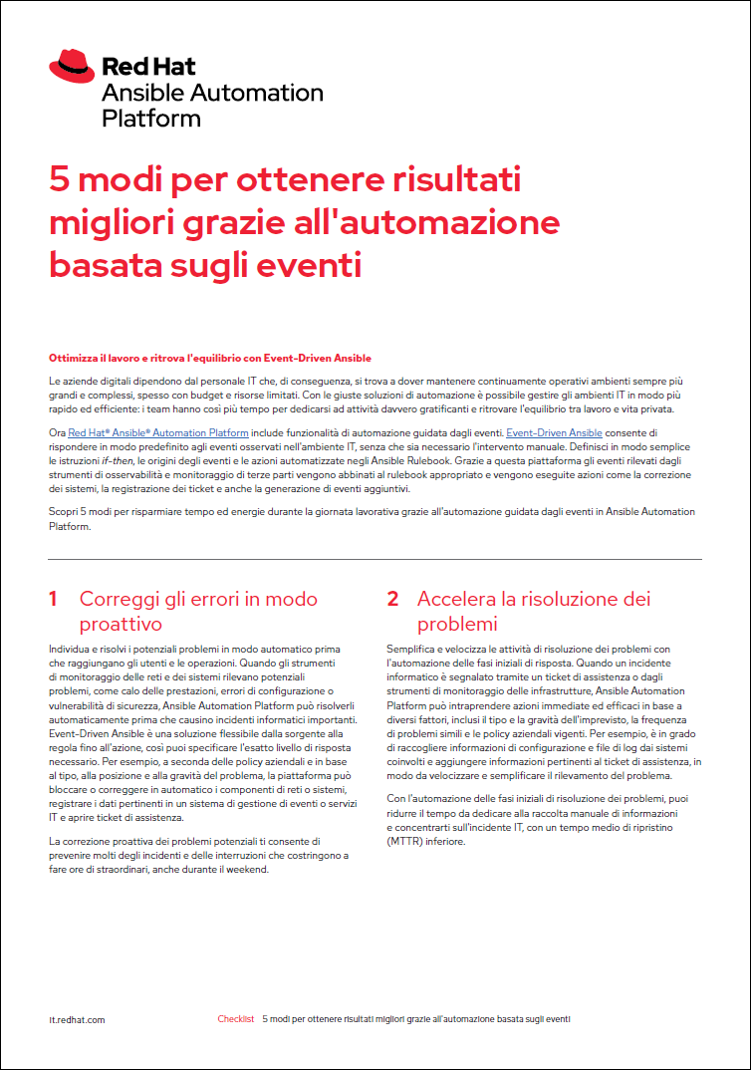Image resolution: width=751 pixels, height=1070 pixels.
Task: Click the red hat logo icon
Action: coord(72,68)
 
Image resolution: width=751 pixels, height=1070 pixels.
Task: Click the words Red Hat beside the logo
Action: coord(149,68)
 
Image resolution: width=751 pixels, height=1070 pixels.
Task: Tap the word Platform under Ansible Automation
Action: coord(151,119)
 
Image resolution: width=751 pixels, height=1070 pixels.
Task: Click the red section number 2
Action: coord(392,599)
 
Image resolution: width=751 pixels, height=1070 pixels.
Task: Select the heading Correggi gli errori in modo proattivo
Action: coord(198,611)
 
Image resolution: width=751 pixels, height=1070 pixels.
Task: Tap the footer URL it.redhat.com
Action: coord(77,1019)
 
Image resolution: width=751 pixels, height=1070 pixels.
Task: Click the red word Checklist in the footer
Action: coord(236,1019)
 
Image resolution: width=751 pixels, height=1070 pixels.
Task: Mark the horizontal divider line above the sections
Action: coord(375,559)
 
